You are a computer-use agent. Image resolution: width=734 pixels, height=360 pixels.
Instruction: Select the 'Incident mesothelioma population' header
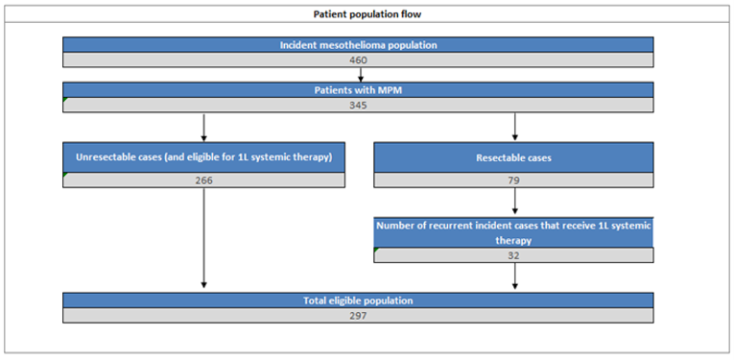click(359, 45)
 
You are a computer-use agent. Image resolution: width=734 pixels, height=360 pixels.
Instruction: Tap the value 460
click(359, 60)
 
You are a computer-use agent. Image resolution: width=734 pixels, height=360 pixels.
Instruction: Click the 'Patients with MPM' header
click(359, 89)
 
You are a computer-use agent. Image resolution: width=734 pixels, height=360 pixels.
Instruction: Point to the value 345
click(359, 104)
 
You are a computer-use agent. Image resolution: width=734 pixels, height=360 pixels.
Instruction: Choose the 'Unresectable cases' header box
click(203, 156)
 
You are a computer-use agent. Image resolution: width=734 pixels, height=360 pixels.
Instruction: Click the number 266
click(203, 180)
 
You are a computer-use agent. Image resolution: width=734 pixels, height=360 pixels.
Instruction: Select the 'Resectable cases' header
click(514, 156)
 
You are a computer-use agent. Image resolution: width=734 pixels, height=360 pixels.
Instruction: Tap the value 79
click(514, 180)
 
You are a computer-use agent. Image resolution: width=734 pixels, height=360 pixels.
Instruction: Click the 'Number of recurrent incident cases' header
click(514, 226)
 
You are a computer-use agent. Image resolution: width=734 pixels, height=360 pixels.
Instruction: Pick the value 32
click(514, 254)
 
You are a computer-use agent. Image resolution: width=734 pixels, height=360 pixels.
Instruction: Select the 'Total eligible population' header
click(359, 300)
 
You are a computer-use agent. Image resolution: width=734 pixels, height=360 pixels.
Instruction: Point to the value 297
click(359, 315)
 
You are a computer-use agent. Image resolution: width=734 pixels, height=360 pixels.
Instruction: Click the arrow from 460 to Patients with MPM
click(359, 74)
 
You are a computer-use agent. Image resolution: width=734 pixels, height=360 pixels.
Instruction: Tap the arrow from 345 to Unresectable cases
click(203, 126)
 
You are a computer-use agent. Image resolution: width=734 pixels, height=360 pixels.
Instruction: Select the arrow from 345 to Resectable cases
click(515, 126)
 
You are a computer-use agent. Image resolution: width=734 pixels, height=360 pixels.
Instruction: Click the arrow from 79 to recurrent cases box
click(515, 201)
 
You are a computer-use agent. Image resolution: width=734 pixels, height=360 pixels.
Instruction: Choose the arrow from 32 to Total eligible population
click(515, 276)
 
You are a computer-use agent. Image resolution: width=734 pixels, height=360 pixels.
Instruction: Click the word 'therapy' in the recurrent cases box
click(514, 241)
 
